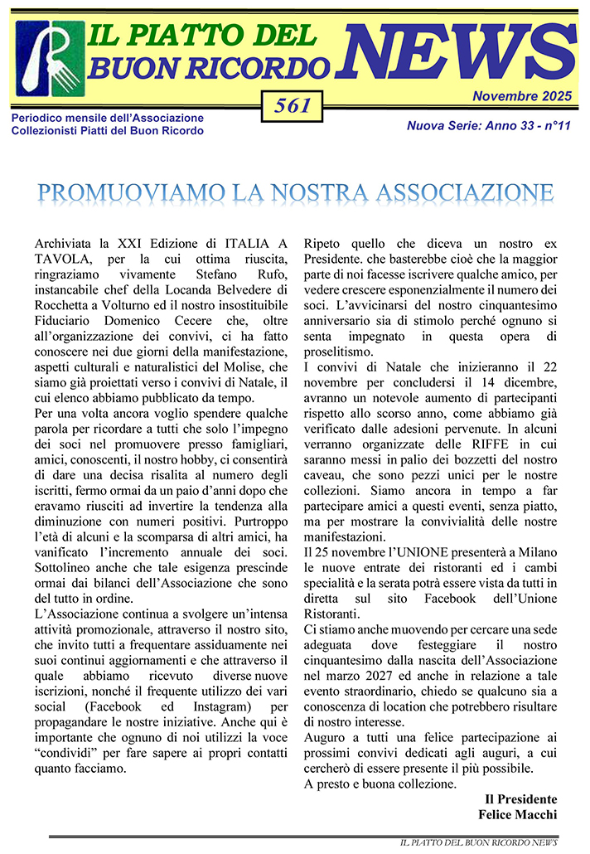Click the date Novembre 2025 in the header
click(x=521, y=96)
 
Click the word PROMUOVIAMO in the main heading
click(x=116, y=192)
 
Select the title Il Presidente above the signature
click(x=520, y=799)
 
